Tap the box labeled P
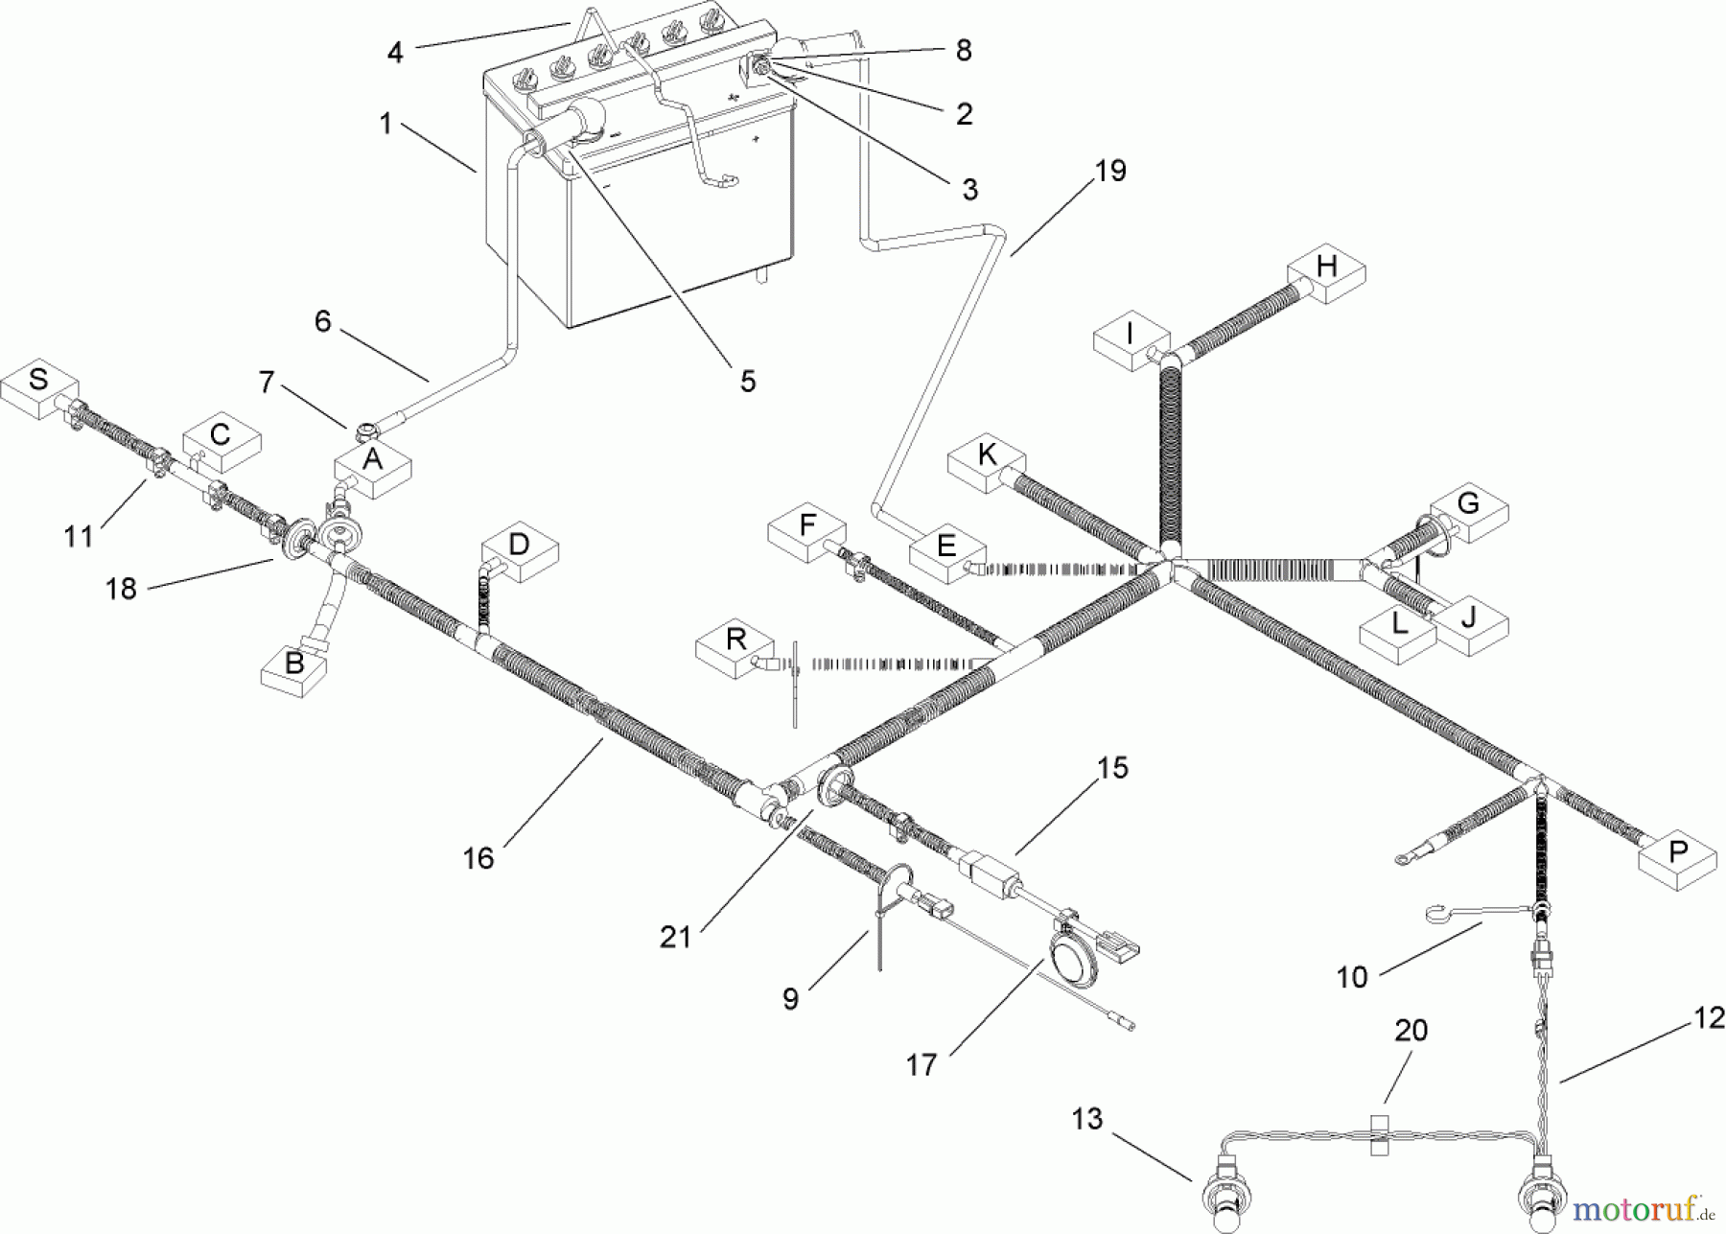[x=1677, y=857]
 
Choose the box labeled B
[x=295, y=668]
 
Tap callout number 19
[x=1109, y=172]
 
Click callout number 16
[x=478, y=857]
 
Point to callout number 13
[x=1087, y=1119]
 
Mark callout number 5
[x=747, y=381]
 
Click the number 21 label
[x=675, y=937]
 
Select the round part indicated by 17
[x=1069, y=960]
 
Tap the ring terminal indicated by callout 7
[x=365, y=429]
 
